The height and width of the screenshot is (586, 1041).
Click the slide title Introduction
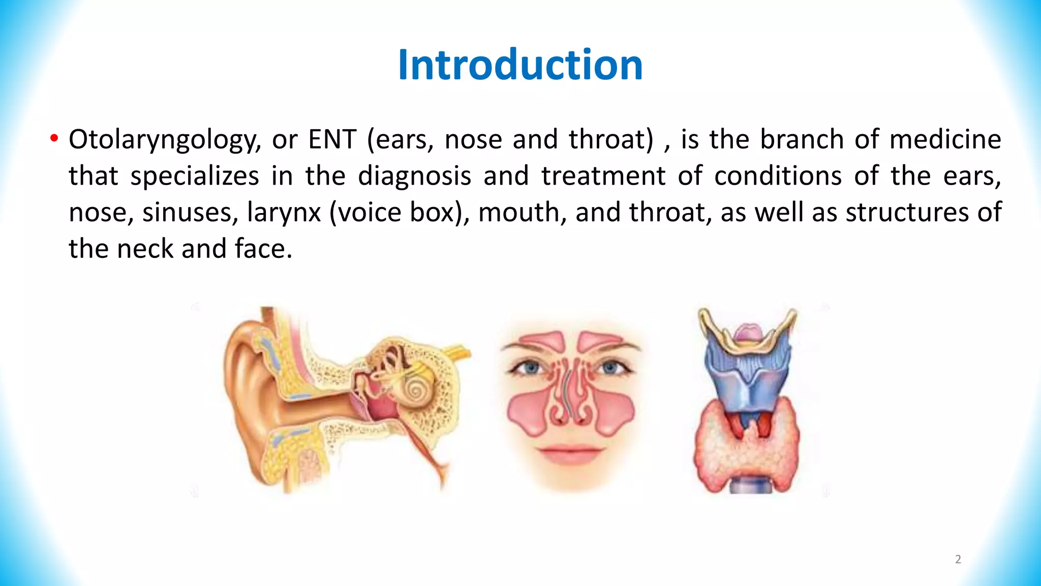520,65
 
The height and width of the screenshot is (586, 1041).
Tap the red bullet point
54,139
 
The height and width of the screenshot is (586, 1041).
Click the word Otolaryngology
164,140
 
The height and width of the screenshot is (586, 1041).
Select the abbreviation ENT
332,139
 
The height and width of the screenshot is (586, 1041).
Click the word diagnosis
415,176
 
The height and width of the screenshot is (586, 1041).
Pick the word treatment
603,176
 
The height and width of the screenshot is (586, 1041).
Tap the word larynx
284,213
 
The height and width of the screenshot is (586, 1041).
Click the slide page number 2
958,560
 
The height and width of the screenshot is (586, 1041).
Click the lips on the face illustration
570,453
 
